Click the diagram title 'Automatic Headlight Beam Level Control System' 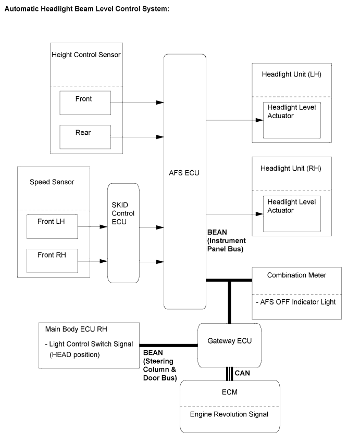(86, 9)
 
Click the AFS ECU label (184, 173)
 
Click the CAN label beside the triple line (242, 373)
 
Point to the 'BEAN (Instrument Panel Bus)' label (226, 240)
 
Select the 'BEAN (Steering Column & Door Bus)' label (160, 365)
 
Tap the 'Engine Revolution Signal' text (229, 414)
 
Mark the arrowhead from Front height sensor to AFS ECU (160, 103)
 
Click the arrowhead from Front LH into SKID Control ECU (104, 227)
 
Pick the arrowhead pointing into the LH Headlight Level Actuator (259, 120)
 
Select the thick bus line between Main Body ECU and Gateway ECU (168, 346)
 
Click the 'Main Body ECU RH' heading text (76, 329)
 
